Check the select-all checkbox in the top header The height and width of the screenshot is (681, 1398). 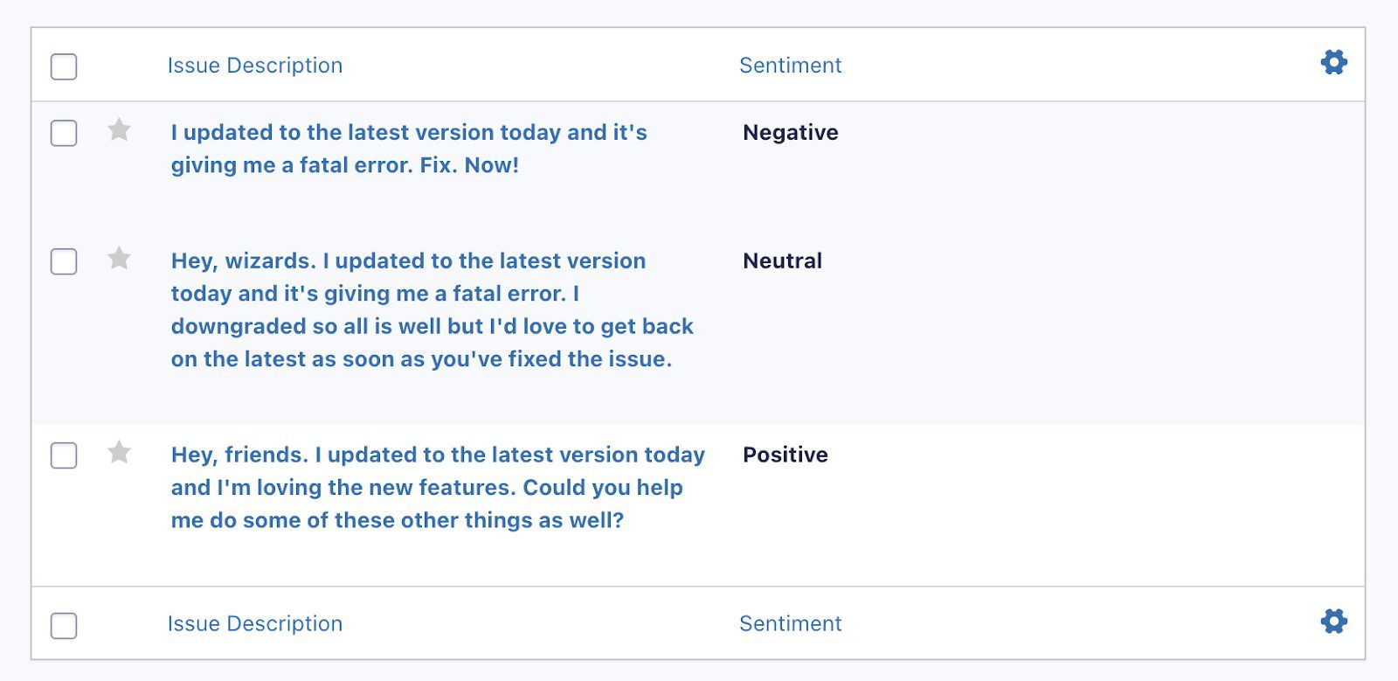click(x=64, y=66)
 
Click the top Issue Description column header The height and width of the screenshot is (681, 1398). click(x=255, y=66)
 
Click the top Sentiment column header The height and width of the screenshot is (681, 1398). click(x=790, y=66)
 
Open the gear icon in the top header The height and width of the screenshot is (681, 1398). click(x=1333, y=62)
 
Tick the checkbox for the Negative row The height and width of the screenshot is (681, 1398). click(x=64, y=133)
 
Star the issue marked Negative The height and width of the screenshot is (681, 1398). click(x=119, y=130)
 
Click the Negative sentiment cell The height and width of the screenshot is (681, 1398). click(x=790, y=133)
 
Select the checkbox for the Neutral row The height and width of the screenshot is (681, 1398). click(x=64, y=261)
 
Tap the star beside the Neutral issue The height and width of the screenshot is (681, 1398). click(x=119, y=258)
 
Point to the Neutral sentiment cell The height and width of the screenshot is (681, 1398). click(x=782, y=261)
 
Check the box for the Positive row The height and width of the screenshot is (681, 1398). click(x=64, y=455)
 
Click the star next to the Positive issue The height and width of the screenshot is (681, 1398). click(x=119, y=452)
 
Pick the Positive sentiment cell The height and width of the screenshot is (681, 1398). click(x=786, y=455)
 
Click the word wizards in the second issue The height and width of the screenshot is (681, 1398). click(x=271, y=261)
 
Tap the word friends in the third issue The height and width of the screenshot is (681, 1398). click(x=266, y=455)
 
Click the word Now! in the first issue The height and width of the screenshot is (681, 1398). click(x=492, y=165)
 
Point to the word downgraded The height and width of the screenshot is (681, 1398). click(x=239, y=326)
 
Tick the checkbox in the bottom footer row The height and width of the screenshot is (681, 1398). click(x=64, y=625)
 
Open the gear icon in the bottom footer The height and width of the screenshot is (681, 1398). click(x=1333, y=621)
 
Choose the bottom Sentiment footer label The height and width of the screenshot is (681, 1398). click(x=790, y=623)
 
